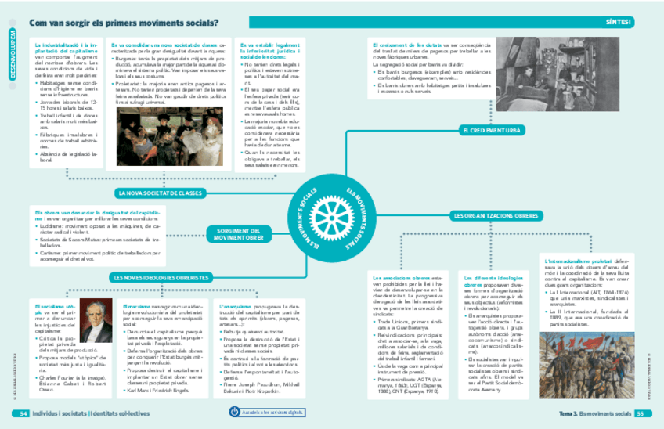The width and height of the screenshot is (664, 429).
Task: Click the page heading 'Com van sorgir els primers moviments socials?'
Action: (124, 23)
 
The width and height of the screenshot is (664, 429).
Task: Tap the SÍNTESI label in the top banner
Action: (618, 23)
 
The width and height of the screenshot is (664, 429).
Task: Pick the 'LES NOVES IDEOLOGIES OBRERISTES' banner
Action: (161, 277)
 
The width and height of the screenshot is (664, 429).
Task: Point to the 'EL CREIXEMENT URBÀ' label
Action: (492, 130)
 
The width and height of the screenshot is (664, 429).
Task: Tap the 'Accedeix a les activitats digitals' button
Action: (269, 412)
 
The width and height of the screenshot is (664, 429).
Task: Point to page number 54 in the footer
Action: (23, 413)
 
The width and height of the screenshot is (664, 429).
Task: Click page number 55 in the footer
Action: (639, 413)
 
